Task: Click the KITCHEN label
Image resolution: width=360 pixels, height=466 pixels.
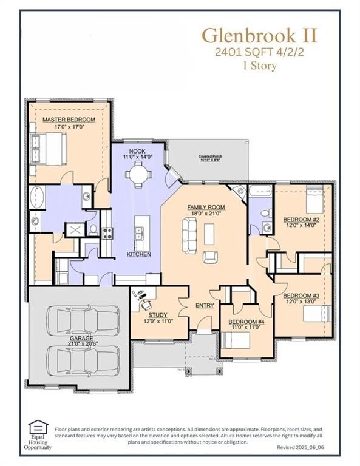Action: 139,254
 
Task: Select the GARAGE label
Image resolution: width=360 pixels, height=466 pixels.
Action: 80,357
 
